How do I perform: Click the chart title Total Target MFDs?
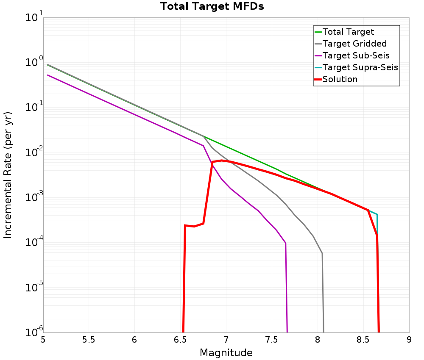coord(212,6)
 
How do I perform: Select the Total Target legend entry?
coord(348,32)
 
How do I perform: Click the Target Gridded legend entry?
coord(354,44)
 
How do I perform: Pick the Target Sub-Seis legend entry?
coord(356,55)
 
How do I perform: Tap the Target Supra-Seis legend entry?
coord(360,67)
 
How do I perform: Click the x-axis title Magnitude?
coord(226,353)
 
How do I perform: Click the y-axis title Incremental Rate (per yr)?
coord(8,175)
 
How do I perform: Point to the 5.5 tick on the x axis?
coord(89,339)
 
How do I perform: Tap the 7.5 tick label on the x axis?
coord(271,339)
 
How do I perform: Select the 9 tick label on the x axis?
coord(409,339)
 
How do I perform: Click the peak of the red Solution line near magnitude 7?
coord(221,160)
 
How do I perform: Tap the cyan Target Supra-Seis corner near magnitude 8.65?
coord(377,214)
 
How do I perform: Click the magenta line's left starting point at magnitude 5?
coord(48,75)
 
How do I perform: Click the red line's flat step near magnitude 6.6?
coord(194,226)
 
